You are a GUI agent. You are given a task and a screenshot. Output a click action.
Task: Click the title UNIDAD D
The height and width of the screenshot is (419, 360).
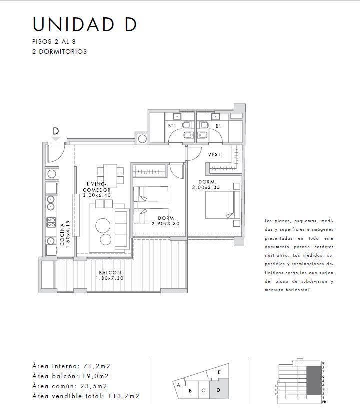click(85, 25)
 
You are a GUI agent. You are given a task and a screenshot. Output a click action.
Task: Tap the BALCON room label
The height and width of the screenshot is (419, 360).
click(110, 273)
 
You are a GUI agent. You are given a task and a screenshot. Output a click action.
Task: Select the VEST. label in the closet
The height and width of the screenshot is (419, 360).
click(215, 154)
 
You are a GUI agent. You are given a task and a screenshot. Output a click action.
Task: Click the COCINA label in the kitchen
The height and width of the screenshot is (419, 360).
click(62, 234)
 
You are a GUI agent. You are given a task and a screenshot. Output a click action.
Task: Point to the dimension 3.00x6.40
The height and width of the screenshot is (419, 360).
click(96, 195)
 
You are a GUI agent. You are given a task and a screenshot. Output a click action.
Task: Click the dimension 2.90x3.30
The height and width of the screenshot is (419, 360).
click(165, 224)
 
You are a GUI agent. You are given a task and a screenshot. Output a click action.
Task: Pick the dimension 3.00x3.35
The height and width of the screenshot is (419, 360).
click(206, 187)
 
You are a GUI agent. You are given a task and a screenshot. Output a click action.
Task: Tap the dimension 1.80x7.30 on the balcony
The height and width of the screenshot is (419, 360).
click(110, 278)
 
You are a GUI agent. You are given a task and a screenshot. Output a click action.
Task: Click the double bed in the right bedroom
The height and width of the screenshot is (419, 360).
click(223, 205)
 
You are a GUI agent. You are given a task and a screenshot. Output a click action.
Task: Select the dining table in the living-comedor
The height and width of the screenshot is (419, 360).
click(110, 175)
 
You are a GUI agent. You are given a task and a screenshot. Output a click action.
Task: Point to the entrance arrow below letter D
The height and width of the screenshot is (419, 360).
click(56, 139)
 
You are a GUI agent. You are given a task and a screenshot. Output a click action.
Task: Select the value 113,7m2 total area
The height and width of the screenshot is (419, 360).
click(123, 396)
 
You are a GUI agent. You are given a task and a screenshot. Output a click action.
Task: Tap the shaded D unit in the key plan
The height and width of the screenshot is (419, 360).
click(219, 388)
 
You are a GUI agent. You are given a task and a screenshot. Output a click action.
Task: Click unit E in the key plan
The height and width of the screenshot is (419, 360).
click(219, 372)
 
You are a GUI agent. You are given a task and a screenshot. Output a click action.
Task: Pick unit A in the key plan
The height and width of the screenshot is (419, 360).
click(179, 385)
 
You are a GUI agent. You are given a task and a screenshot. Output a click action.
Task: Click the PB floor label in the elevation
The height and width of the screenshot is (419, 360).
click(324, 402)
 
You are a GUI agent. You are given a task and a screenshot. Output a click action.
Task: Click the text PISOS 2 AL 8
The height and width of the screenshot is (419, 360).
click(54, 42)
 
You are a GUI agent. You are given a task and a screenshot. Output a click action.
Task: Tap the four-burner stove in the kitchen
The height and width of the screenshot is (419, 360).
click(51, 222)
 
